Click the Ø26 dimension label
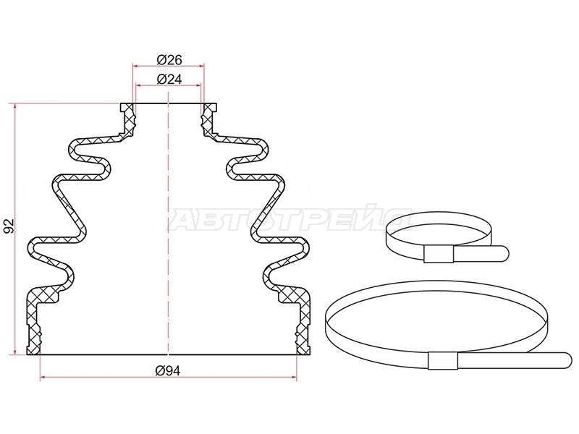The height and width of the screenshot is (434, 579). point(169,59)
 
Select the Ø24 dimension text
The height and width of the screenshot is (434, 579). point(169,79)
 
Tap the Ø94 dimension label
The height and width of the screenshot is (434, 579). point(168,370)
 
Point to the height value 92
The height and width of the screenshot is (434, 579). point(9,226)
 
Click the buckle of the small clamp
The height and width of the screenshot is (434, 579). point(439,254)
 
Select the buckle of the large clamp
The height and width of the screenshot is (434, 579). point(443,360)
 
